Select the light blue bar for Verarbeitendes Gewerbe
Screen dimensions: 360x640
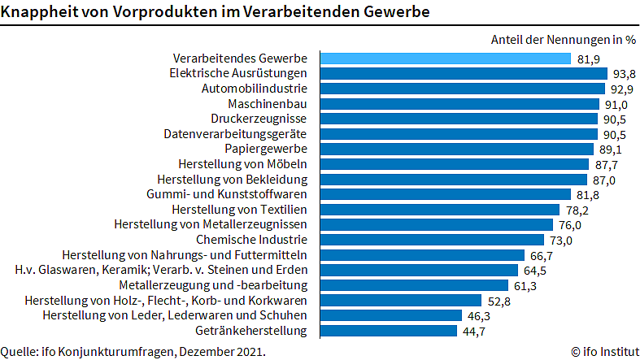[x=445, y=59]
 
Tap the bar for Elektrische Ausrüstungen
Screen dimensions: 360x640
[x=463, y=73]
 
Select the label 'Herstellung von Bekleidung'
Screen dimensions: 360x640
[x=232, y=179]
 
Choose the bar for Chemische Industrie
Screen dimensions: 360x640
[x=431, y=240]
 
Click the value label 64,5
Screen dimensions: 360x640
[x=536, y=270]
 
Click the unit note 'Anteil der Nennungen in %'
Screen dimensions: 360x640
[x=563, y=39]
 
